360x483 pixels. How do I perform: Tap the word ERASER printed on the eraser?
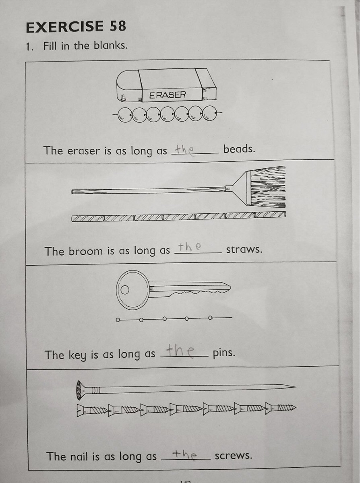168,95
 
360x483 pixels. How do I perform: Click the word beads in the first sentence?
239,149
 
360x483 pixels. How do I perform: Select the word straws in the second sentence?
244,250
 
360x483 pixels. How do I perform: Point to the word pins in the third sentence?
224,353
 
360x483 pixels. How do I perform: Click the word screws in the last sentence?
233,456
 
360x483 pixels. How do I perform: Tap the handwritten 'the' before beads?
184,150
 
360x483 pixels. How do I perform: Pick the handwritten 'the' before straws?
190,247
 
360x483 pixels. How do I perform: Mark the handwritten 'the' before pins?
180,351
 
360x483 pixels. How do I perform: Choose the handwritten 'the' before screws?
184,454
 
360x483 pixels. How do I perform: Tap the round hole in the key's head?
125,290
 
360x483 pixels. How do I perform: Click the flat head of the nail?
79,390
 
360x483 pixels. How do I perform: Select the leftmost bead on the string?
125,115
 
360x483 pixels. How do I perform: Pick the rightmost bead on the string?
209,114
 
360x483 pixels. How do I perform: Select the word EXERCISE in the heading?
65,27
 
